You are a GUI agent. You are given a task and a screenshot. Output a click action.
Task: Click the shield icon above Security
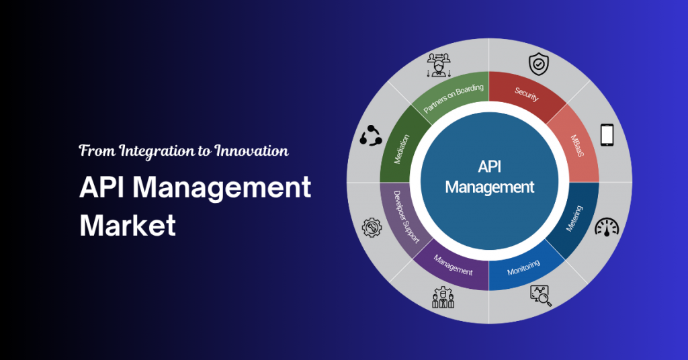pyautogui.click(x=538, y=64)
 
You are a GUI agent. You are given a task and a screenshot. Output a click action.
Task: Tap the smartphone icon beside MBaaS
pyautogui.click(x=607, y=134)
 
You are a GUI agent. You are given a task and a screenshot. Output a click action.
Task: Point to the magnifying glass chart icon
pyautogui.click(x=541, y=295)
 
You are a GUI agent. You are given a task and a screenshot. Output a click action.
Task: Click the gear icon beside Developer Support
pyautogui.click(x=372, y=228)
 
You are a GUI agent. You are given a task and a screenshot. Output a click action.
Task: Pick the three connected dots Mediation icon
pyautogui.click(x=371, y=136)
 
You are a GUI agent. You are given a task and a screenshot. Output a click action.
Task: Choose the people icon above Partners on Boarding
pyautogui.click(x=439, y=65)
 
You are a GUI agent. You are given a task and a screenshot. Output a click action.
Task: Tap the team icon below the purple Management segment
pyautogui.click(x=443, y=298)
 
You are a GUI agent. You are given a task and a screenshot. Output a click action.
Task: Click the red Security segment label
pyautogui.click(x=526, y=94)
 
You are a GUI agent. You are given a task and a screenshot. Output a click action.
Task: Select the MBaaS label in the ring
pyautogui.click(x=577, y=146)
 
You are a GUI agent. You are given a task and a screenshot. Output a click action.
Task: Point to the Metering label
pyautogui.click(x=574, y=218)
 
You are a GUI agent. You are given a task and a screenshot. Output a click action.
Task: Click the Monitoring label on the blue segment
pyautogui.click(x=523, y=267)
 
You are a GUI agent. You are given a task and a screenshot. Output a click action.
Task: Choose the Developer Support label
pyautogui.click(x=406, y=217)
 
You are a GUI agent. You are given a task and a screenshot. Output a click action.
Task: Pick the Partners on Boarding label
pyautogui.click(x=454, y=98)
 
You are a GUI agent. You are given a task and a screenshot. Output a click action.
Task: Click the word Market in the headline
pyautogui.click(x=128, y=226)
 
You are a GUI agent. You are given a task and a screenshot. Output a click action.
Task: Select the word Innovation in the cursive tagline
pyautogui.click(x=251, y=151)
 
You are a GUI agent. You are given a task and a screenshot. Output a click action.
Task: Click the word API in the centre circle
pyautogui.click(x=490, y=167)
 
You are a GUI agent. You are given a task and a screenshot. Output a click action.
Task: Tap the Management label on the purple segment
pyautogui.click(x=454, y=265)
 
